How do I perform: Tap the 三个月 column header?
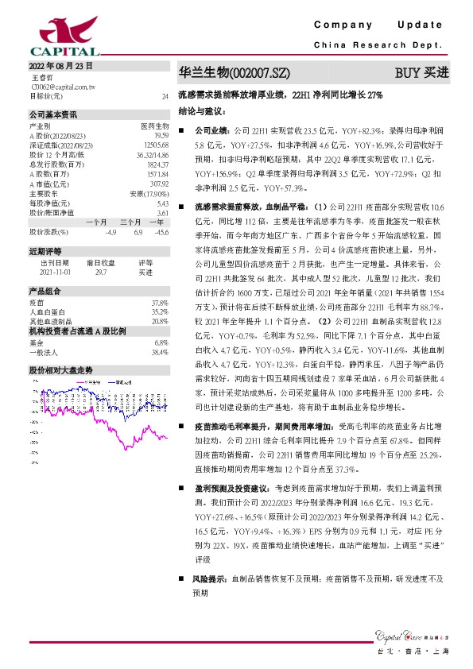pyautogui.click(x=130, y=222)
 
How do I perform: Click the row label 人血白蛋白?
pyautogui.click(x=45, y=312)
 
